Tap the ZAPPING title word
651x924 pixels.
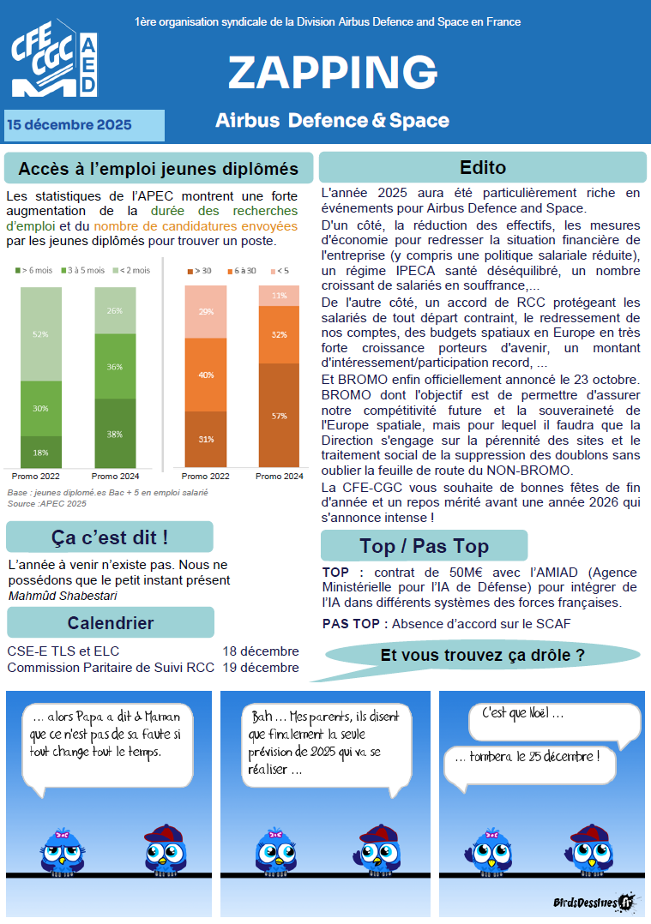pos(333,73)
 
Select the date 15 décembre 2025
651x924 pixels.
pos(69,125)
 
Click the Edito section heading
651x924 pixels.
pos(483,167)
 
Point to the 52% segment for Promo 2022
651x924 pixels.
pos(41,333)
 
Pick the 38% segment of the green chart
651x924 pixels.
pos(115,434)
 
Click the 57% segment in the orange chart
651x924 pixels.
pos(279,416)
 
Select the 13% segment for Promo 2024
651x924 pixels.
pos(279,296)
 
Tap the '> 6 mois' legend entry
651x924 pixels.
pos(34,270)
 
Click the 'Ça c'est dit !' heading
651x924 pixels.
pos(110,537)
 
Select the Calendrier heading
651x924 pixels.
pos(111,623)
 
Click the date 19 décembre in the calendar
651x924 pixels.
pos(261,668)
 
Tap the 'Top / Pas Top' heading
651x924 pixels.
pos(424,546)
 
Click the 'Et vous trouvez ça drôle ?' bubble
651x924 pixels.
pos(482,657)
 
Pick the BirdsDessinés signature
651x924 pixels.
pos(591,901)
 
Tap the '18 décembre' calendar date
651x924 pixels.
pos(261,651)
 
